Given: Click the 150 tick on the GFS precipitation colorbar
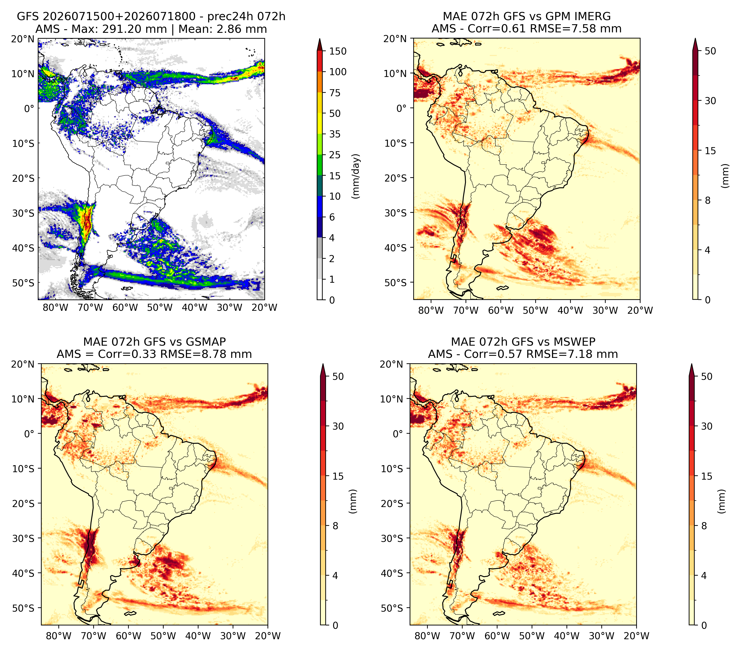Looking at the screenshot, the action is tap(337, 51).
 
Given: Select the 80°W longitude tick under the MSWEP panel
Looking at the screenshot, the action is tap(428, 636).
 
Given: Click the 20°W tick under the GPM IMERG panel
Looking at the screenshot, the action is tap(640, 310).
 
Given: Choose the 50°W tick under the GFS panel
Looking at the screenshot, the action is tap(160, 307).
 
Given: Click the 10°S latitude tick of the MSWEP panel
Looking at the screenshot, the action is tap(393, 468).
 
